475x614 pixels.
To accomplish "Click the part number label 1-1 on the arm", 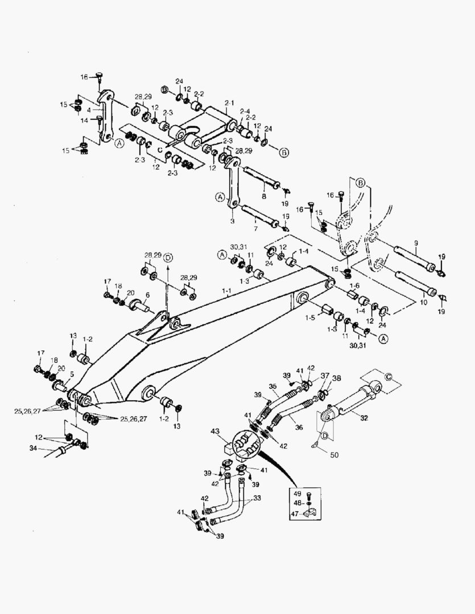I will (227, 291).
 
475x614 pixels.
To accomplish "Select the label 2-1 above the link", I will (229, 102).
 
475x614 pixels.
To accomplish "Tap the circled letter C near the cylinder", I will (389, 376).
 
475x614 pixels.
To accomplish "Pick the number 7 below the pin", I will (255, 229).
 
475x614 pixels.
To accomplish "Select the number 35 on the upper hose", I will (272, 387).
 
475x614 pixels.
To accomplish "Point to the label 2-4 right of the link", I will (245, 111).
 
